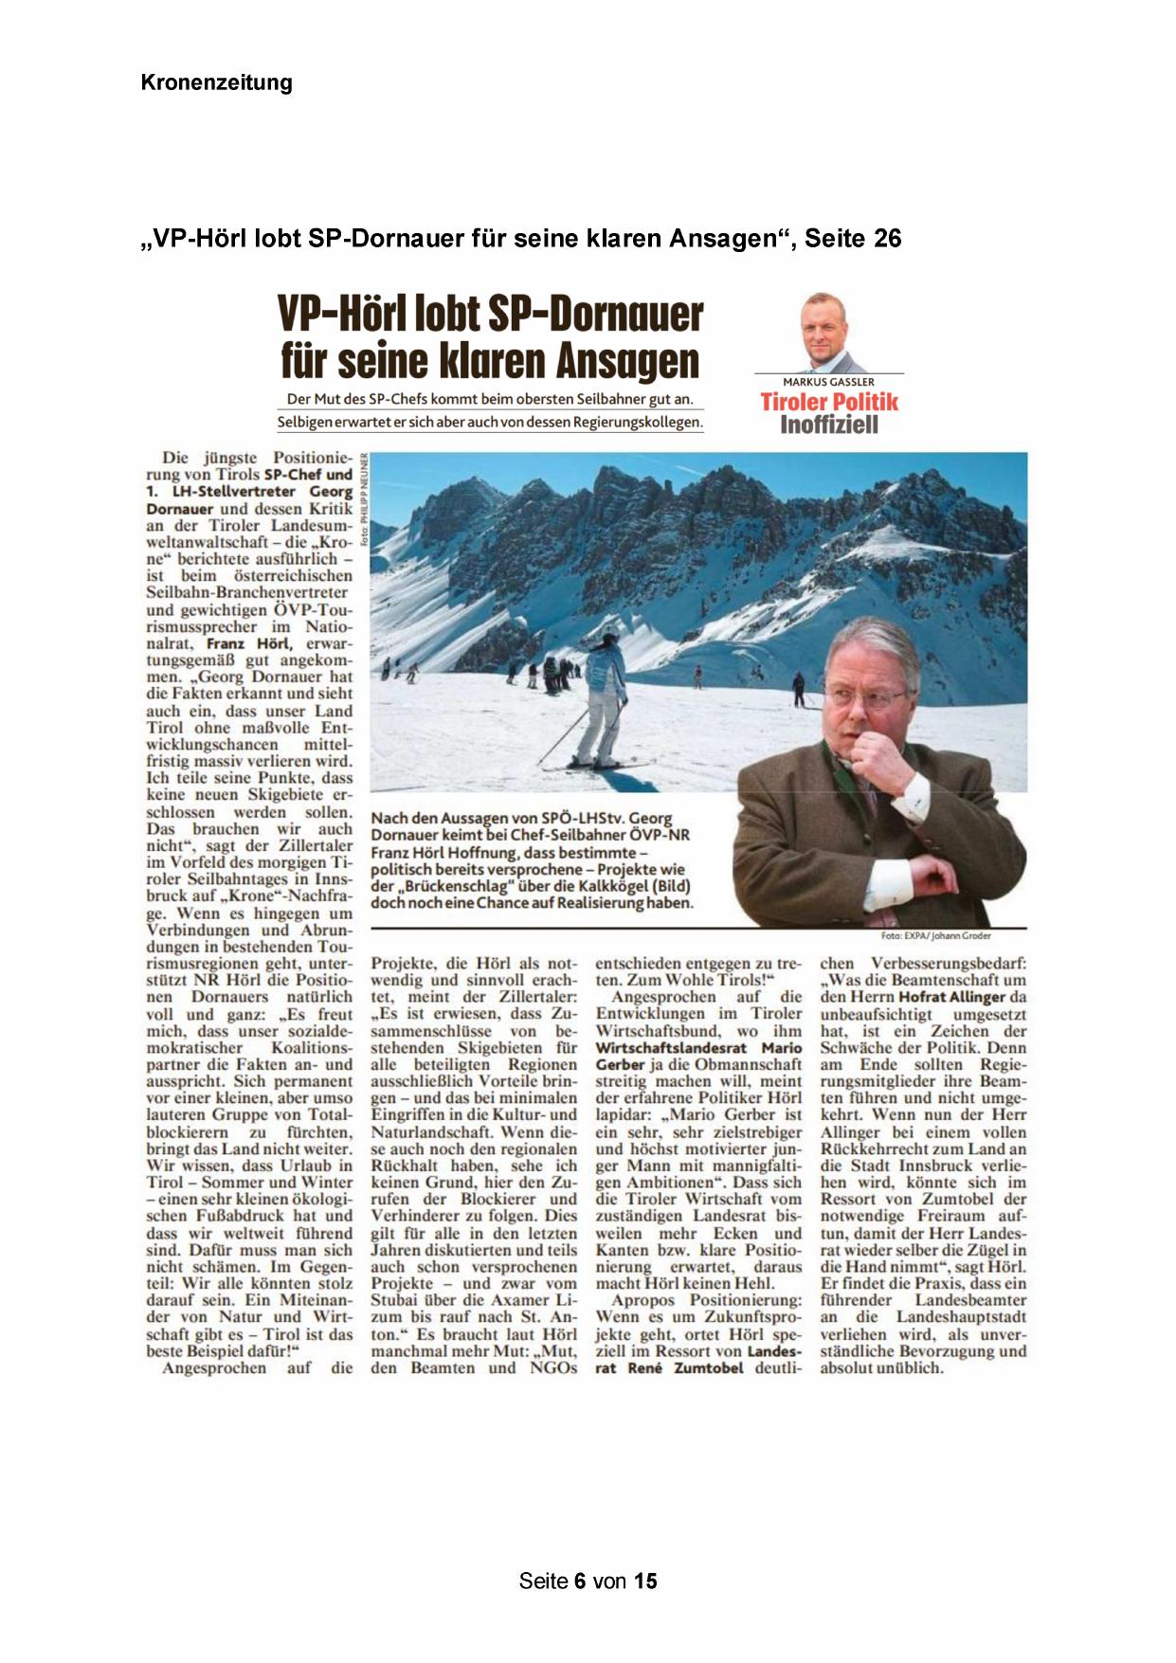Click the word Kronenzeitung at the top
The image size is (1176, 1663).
[216, 82]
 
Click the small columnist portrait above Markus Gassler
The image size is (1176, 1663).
[823, 333]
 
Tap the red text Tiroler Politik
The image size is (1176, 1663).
[828, 402]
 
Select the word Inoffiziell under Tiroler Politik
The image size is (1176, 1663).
[828, 425]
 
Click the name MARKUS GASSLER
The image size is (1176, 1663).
[828, 382]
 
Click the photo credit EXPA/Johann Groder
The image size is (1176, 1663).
[935, 935]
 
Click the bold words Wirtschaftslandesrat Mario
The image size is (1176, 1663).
[698, 1048]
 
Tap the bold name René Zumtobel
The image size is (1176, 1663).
[684, 1368]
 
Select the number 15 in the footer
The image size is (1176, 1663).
[645, 1581]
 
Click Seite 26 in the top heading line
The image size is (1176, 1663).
[853, 238]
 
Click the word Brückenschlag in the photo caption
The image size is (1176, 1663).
[446, 886]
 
